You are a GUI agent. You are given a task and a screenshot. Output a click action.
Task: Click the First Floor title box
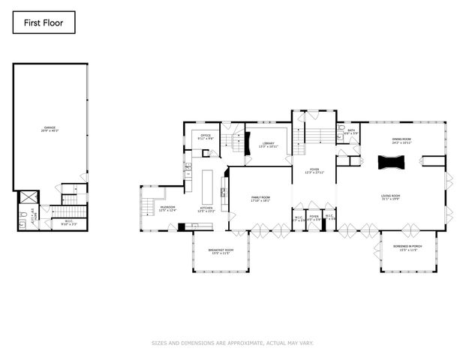[44, 23]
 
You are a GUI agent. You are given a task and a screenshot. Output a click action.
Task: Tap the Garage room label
[50, 130]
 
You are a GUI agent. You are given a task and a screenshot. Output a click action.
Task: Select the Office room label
[206, 136]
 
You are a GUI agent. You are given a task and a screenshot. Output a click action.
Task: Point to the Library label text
[268, 145]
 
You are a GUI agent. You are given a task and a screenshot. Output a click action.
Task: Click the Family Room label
[260, 198]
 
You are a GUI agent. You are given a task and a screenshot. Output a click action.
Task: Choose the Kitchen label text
[206, 209]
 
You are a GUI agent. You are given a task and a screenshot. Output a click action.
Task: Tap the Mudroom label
[167, 209]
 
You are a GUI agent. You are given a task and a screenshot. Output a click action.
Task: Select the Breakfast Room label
[220, 251]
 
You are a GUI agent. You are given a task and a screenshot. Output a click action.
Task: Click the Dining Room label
[402, 140]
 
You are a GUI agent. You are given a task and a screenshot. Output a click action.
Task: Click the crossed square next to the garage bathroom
[29, 197]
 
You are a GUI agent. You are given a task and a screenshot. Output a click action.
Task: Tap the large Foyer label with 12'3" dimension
[314, 171]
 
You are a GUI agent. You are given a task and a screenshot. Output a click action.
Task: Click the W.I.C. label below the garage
[68, 222]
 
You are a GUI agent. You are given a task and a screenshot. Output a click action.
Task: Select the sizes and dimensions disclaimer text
[233, 343]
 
